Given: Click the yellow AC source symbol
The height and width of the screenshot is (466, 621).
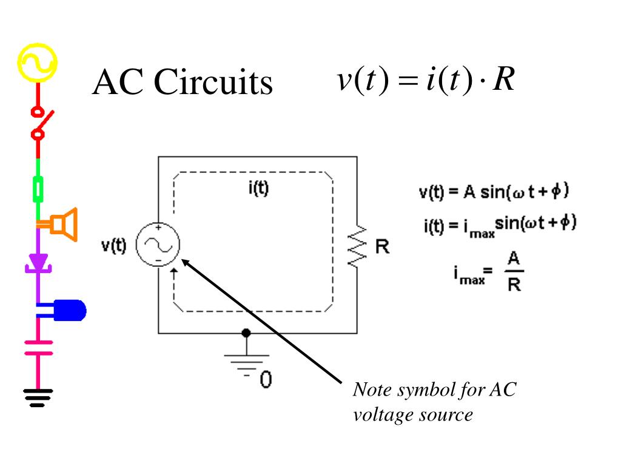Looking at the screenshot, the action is (x=38, y=62).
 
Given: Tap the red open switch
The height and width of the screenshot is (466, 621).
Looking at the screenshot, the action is (x=41, y=123).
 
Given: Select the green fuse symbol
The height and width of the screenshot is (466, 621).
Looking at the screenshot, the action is (x=38, y=190).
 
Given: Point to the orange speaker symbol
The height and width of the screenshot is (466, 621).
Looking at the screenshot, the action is (x=63, y=225).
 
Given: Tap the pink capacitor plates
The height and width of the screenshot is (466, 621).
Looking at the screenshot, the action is (x=38, y=348).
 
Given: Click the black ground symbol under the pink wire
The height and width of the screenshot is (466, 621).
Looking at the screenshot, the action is (x=38, y=398).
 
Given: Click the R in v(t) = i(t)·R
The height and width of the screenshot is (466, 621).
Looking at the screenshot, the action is (x=504, y=79).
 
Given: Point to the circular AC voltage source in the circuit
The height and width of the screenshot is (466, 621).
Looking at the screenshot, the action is (x=158, y=245).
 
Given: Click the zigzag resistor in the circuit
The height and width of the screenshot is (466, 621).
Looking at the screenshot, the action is (x=357, y=246).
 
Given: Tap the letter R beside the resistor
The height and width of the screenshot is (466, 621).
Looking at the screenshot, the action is (x=382, y=247).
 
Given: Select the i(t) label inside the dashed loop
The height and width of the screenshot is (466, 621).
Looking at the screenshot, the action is (x=258, y=188).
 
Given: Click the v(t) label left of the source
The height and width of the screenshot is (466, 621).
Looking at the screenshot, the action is (x=113, y=245).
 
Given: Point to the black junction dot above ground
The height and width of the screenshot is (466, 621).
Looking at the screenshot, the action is (x=246, y=333).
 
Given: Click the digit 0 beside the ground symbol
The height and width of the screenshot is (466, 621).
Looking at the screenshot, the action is (x=266, y=379).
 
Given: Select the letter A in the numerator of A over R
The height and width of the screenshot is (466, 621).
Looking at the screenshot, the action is (x=514, y=258).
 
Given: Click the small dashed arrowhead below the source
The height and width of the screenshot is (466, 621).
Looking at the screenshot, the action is (x=174, y=271).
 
